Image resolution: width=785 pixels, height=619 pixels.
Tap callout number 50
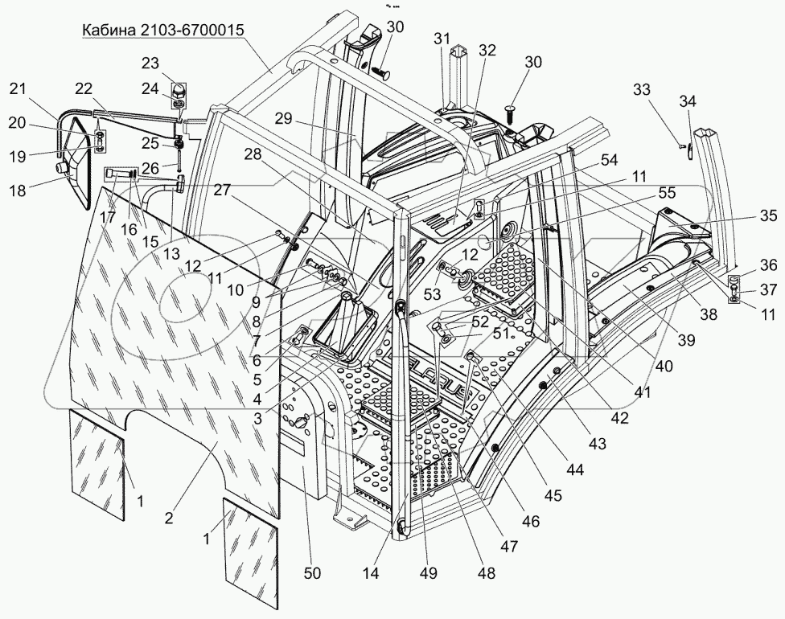[x=312, y=573]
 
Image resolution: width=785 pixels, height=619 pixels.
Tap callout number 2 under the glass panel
[x=169, y=519]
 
